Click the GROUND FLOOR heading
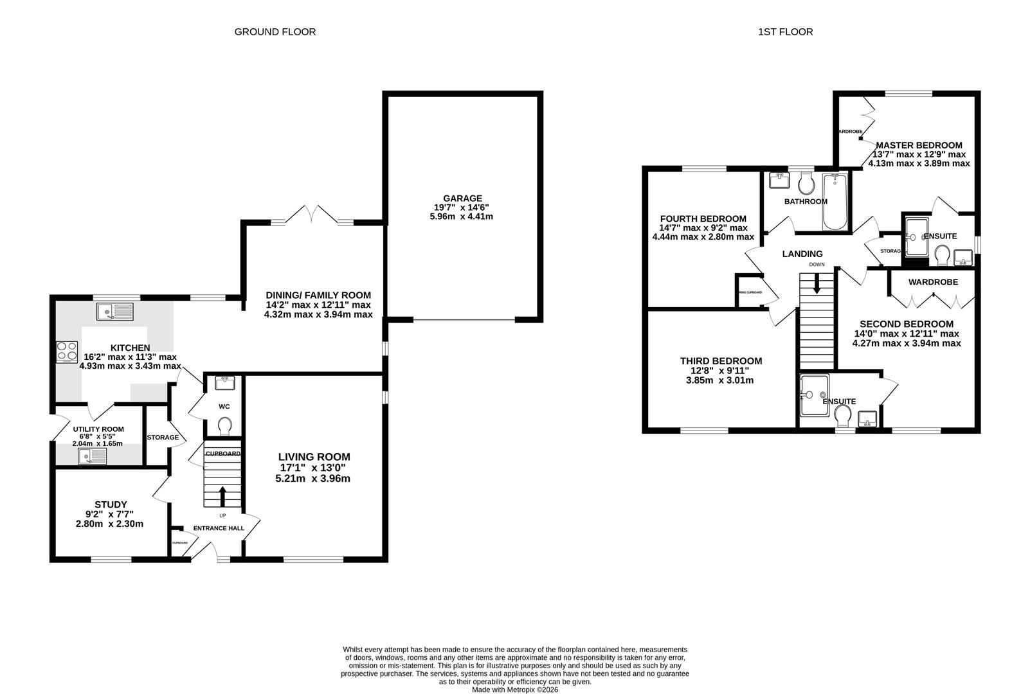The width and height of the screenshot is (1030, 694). coord(275,31)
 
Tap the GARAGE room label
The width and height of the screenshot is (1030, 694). coord(462,199)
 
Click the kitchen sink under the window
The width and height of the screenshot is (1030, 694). coord(114,312)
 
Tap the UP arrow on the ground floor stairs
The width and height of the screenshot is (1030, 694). coord(222,496)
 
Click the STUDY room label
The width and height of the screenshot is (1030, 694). coord(111,504)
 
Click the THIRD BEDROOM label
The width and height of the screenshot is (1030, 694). coord(721,361)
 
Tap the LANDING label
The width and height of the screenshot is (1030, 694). coord(802,254)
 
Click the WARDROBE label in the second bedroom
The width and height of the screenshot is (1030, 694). coord(932,282)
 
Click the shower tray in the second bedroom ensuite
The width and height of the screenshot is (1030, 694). coord(813,395)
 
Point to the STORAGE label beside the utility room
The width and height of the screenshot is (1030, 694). coord(163,437)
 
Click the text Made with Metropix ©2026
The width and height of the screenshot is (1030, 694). coord(515,690)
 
